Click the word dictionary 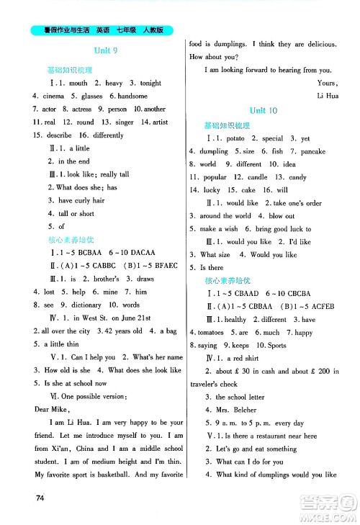pos(92,305)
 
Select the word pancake pos(312,151)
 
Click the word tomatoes pos(214,332)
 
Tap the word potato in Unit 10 pos(239,138)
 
